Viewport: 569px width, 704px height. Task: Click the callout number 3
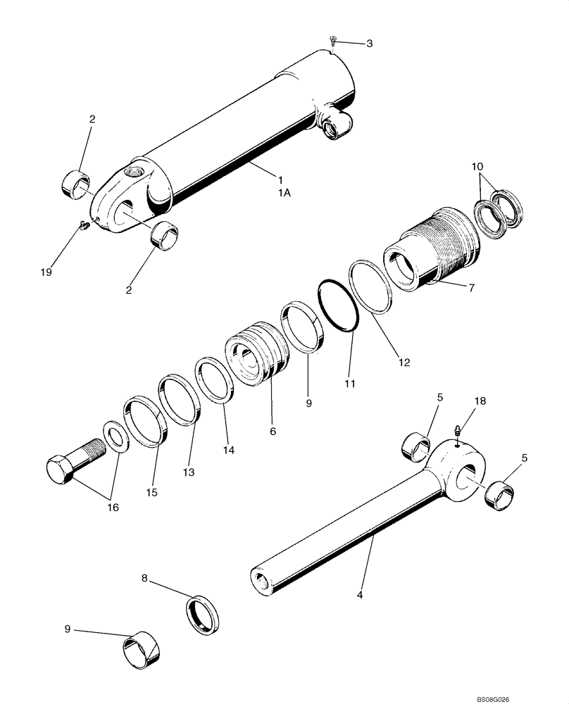coord(369,44)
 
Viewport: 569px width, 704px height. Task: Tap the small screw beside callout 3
coord(333,42)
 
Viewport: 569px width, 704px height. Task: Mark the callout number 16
coord(113,507)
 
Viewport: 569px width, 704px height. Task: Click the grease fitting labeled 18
coord(456,430)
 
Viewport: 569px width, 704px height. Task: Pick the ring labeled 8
coord(203,610)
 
